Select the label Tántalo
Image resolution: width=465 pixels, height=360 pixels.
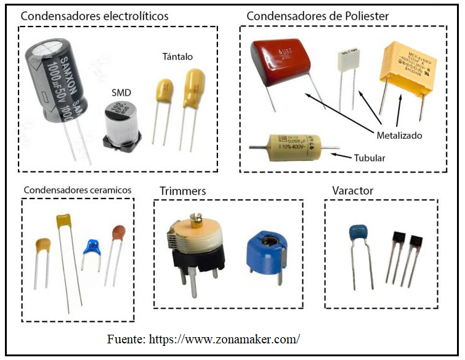click(177, 57)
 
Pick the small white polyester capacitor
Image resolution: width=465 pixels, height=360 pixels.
click(348, 61)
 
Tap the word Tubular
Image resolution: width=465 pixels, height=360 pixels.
click(370, 158)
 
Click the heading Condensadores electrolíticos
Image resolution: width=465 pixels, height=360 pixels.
click(94, 16)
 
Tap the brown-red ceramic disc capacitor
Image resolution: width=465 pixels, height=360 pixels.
click(118, 234)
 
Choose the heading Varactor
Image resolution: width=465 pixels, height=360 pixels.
click(352, 190)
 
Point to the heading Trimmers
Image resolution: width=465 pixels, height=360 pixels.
click(182, 190)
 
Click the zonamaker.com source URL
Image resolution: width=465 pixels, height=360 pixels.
click(224, 339)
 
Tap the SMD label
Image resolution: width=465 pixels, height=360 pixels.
click(121, 92)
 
